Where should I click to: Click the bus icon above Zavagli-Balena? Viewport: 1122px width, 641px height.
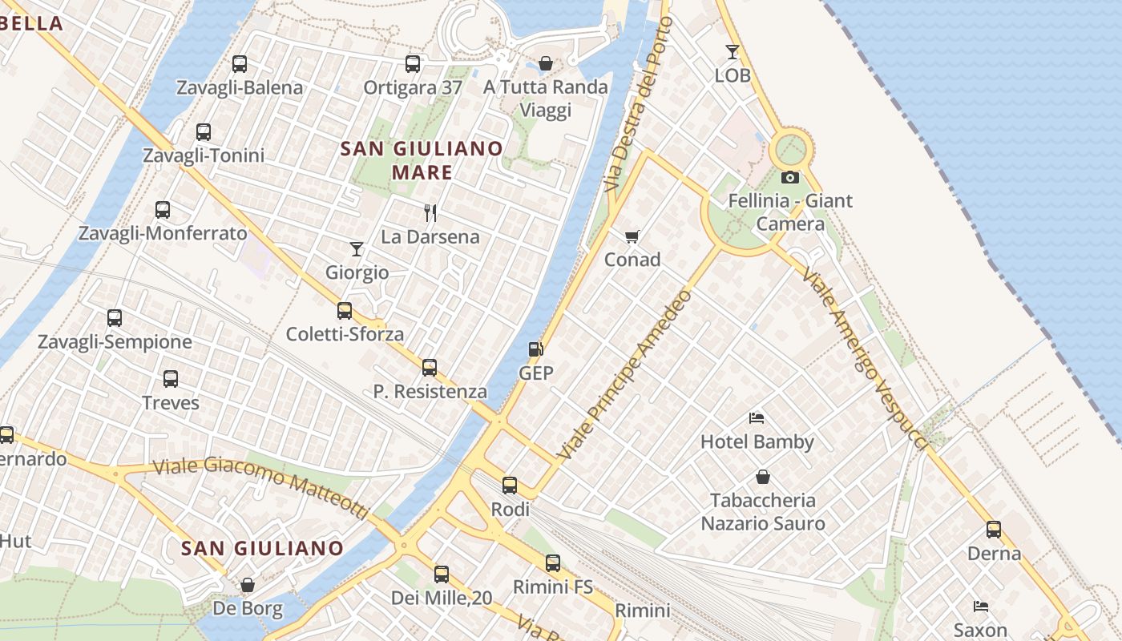coord(240,64)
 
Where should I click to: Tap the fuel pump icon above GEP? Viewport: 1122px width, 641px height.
coord(535,349)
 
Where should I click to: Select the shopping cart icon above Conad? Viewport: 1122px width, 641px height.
coord(632,236)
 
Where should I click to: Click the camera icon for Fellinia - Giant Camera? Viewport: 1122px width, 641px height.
coord(790,177)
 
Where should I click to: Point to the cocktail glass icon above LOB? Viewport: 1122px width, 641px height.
coord(733,52)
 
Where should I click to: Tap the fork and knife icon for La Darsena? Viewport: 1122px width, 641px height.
coord(430,212)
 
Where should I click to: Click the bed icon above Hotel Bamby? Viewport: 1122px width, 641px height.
coord(757,417)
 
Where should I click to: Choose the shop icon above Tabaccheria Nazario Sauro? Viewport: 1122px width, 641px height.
coord(763,477)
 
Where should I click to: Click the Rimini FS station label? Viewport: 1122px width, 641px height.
coord(553,587)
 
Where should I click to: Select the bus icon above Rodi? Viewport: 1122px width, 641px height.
coord(510,485)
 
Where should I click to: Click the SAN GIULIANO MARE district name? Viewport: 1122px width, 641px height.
coord(422,160)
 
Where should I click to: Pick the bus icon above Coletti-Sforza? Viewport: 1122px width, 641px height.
coord(345,310)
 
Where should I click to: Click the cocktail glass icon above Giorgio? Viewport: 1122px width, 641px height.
coord(357,249)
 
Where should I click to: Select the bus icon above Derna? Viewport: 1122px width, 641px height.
coord(994,529)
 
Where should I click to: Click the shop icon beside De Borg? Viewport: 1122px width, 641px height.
coord(248,585)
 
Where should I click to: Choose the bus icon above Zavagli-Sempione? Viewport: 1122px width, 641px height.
coord(115,318)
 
